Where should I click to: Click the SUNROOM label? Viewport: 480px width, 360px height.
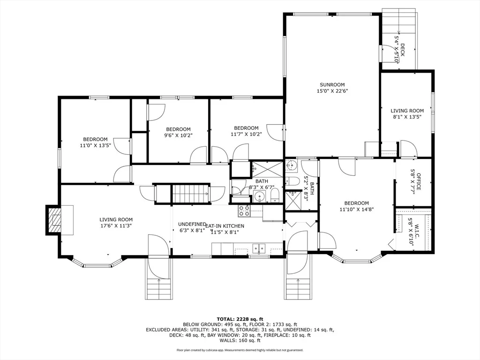[332, 85]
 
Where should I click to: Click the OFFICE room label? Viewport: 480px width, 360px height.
[419, 182]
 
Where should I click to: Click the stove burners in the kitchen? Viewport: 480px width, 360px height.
[244, 211]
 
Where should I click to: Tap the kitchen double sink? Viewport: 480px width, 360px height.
[259, 248]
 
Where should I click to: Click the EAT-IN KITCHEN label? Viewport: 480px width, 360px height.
[225, 226]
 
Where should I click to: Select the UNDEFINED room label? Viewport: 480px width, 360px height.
[192, 224]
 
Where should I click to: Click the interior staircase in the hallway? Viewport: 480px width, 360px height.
[191, 194]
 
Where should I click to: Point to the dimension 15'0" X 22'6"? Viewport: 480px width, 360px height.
[332, 91]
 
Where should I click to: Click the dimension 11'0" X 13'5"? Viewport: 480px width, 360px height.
[95, 146]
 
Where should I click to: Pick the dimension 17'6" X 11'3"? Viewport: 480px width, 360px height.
[116, 226]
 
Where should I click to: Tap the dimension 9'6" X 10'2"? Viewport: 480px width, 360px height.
[178, 135]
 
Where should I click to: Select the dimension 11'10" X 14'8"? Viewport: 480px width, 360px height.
[357, 210]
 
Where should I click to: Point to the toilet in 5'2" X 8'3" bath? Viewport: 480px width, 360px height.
[292, 181]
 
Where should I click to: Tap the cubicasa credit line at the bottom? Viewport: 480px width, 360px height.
[240, 350]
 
